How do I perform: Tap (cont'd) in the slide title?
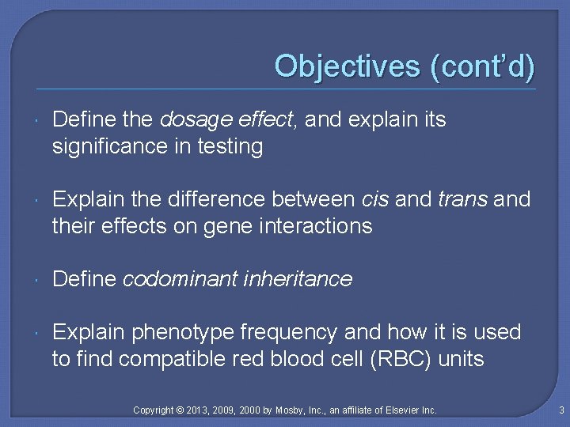pyautogui.click(x=482, y=66)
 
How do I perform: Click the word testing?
pyautogui.click(x=230, y=147)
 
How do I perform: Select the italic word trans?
pyautogui.click(x=462, y=199)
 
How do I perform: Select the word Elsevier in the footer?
pyautogui.click(x=400, y=410)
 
